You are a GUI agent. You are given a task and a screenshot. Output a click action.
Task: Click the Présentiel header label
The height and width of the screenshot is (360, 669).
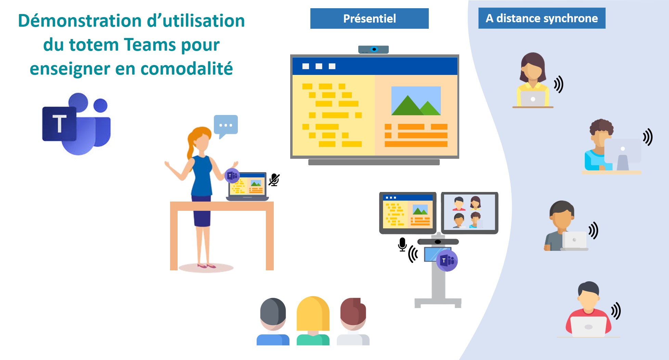(x=369, y=18)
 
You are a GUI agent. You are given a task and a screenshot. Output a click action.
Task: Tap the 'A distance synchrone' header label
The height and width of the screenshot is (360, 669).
(x=542, y=18)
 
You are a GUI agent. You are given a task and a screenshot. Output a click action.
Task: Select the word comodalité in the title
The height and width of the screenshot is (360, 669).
(x=187, y=68)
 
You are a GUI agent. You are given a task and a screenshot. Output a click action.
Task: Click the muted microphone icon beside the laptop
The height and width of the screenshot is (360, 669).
(x=274, y=180)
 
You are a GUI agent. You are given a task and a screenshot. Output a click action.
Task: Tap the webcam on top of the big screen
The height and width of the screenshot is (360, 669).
(x=373, y=50)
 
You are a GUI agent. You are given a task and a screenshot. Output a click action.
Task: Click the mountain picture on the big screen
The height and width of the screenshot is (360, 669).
(x=416, y=101)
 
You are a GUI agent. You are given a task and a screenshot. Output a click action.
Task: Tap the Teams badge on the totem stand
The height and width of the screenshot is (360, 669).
(x=447, y=260)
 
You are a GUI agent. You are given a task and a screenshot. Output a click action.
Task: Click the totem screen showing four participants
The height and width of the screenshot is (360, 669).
(x=469, y=213)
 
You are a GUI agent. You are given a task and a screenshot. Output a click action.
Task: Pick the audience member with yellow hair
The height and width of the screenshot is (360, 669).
(x=313, y=320)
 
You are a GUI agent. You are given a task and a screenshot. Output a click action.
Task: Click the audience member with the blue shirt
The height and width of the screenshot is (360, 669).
(x=273, y=321)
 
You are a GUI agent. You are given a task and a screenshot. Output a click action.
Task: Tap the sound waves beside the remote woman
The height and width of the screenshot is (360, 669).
(x=558, y=85)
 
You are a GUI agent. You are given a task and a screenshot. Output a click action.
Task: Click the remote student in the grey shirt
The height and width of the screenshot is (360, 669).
(x=561, y=226)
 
